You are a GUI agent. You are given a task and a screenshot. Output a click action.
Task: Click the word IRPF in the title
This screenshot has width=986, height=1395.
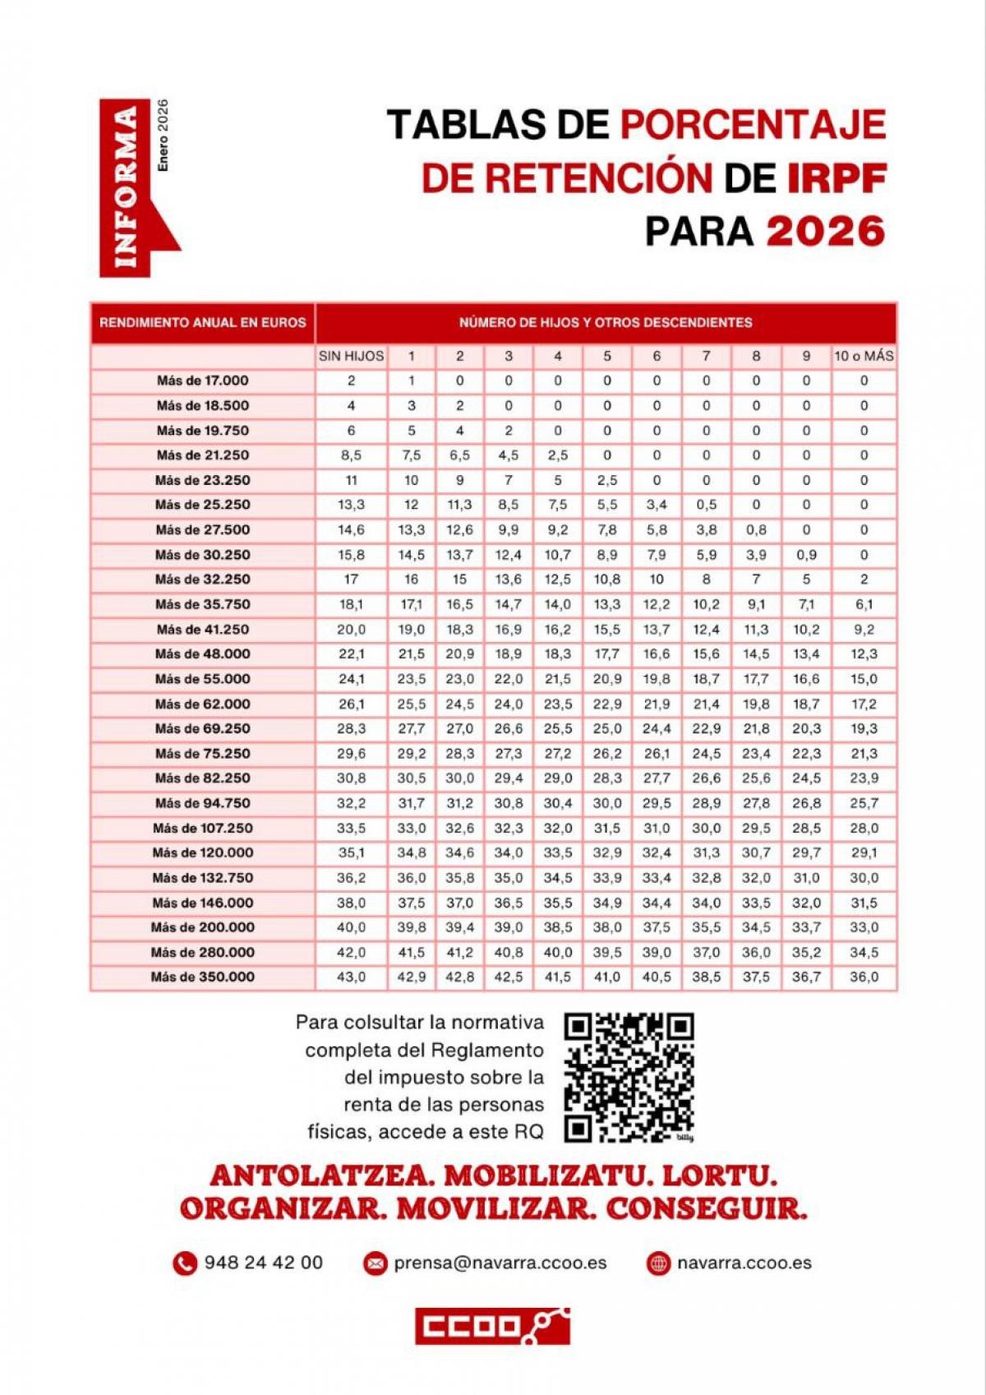coord(836,178)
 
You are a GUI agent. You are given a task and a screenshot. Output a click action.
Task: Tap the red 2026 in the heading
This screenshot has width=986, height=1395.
coord(826,231)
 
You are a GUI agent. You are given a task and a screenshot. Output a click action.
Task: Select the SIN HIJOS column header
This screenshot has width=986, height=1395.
coord(351,356)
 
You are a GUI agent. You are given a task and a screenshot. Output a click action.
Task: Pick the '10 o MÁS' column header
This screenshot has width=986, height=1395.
coord(864,356)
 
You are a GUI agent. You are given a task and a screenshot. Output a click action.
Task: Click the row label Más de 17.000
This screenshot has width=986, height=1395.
coord(202,381)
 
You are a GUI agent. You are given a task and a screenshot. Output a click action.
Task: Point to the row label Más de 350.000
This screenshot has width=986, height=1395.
coord(202,977)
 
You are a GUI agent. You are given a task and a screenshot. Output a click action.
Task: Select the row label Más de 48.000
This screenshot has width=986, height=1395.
coord(202,654)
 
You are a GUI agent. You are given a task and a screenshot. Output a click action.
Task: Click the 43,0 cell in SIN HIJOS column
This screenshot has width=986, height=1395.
coord(351,977)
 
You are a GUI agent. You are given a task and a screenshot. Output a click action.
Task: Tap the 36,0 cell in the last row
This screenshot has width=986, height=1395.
coord(864,977)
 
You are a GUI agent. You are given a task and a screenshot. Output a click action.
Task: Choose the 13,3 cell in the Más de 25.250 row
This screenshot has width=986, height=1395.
coord(351,505)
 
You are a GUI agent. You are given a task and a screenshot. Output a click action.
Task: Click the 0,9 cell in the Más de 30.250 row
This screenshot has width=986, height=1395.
coord(806,555)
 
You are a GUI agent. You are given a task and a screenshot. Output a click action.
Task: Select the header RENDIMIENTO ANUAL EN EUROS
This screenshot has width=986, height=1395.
coord(202,322)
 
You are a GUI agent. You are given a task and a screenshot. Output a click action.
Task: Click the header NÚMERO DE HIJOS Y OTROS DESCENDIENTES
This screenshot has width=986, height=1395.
coord(606,322)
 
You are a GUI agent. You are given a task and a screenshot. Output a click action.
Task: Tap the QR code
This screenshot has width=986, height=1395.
coord(629,1077)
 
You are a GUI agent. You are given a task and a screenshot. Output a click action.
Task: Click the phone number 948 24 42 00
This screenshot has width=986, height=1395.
coord(263,1263)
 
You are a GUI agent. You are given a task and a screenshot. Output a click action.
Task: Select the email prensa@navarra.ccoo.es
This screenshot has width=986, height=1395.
coord(500,1263)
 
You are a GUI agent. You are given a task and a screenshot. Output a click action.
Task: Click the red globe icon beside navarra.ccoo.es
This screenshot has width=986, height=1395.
coord(658,1263)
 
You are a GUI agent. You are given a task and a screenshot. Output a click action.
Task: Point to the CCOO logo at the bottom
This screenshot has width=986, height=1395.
coord(492,1326)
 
